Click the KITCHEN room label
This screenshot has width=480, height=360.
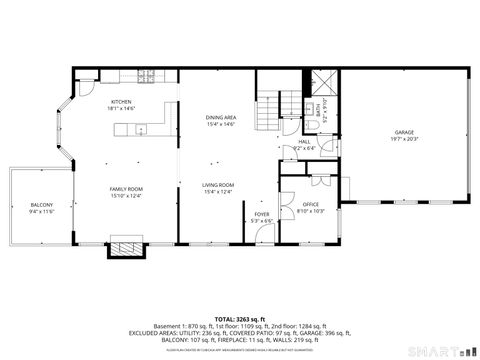(x=121, y=101)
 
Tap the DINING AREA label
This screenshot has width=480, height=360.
(x=220, y=116)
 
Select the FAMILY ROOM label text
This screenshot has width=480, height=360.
(x=126, y=188)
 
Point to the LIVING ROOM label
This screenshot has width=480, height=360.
(x=218, y=185)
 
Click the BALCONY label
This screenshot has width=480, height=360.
(x=41, y=205)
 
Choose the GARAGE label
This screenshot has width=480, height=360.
(x=404, y=132)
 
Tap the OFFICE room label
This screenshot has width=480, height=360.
(x=312, y=204)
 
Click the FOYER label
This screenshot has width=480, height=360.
(x=262, y=214)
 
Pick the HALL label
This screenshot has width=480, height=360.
(x=304, y=142)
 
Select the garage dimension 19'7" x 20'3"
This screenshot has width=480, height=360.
(x=404, y=139)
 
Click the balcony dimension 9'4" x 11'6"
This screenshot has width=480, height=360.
(x=41, y=212)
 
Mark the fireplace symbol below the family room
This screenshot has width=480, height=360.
(x=126, y=247)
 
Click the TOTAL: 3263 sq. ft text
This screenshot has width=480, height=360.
(x=240, y=319)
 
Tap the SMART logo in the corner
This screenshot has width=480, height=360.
(x=439, y=351)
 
